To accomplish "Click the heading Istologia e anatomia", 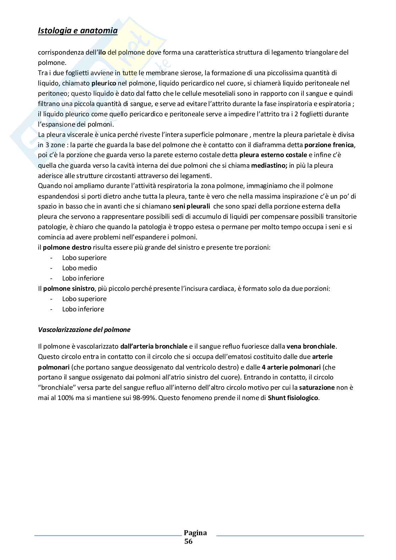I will (77, 31).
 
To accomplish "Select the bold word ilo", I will (101, 52).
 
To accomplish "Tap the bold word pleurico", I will (104, 83).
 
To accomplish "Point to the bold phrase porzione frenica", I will (329, 145).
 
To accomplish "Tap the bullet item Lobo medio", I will (79, 268).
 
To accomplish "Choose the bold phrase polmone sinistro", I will (69, 289).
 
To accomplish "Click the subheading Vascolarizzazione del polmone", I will (84, 330).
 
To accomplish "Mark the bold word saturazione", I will (317, 387).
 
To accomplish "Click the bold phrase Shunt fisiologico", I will (293, 398).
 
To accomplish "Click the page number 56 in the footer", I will (188, 542).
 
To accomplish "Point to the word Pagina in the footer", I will (195, 533).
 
